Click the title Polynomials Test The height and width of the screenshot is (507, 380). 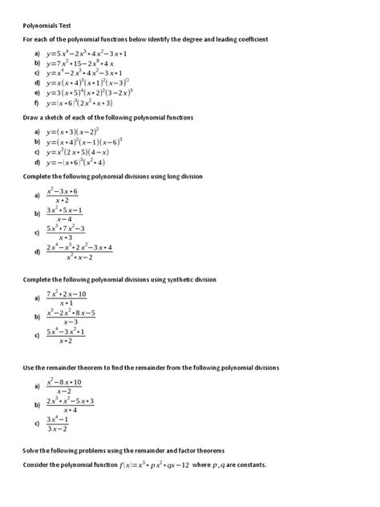tap(48, 25)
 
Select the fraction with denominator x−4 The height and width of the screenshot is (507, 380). tap(65, 214)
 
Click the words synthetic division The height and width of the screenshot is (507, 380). tap(190, 278)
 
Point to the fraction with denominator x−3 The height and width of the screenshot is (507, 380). tap(71, 317)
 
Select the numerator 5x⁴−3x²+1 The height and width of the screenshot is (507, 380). tap(66, 331)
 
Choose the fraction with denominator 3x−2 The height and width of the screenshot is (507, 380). tap(62, 424)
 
